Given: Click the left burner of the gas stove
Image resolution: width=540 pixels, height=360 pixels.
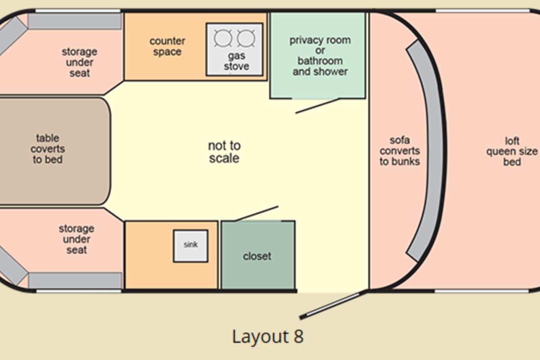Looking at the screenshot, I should pyautogui.click(x=222, y=39).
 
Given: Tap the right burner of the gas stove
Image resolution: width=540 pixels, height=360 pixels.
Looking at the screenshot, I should pyautogui.click(x=246, y=39).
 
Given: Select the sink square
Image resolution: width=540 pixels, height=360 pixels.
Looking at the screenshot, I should pyautogui.click(x=191, y=245).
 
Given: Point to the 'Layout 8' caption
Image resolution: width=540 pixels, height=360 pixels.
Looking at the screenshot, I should pyautogui.click(x=268, y=337).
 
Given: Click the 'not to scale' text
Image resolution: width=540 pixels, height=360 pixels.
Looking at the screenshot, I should pyautogui.click(x=224, y=152).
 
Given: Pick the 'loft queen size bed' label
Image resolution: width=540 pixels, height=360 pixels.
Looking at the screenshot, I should pyautogui.click(x=512, y=151).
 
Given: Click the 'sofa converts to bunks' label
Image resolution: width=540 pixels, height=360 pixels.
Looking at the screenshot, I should pyautogui.click(x=399, y=151).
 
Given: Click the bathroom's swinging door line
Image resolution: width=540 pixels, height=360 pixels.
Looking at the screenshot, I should pyautogui.click(x=316, y=106).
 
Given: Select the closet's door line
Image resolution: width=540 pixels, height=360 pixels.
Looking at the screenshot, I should pyautogui.click(x=256, y=213).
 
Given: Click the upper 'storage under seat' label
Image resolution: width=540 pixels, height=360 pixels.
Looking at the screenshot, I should pyautogui.click(x=80, y=62).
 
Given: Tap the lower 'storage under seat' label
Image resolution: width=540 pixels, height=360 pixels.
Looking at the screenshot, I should pyautogui.click(x=76, y=239).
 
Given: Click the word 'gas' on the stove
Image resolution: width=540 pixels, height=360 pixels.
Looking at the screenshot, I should pyautogui.click(x=236, y=56).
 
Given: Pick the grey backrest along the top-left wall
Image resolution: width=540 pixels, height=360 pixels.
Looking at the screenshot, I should pyautogui.click(x=75, y=21).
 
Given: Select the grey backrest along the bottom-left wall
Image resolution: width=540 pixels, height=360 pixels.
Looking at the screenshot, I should pyautogui.click(x=75, y=280).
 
